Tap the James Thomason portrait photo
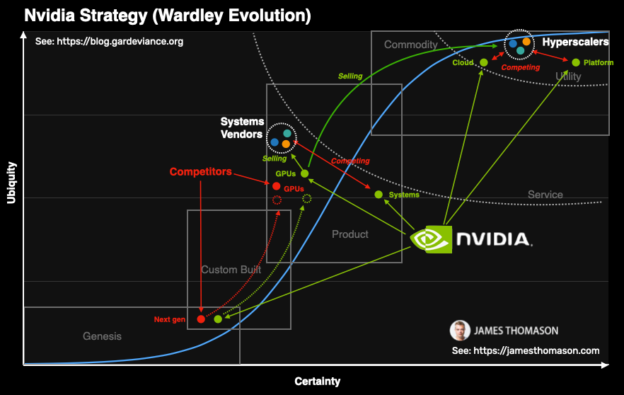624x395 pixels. pos(459,330)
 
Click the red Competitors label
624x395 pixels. pos(200,172)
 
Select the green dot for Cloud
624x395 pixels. pos(484,63)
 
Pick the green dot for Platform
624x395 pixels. pos(576,62)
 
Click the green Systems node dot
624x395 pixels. pos(379,195)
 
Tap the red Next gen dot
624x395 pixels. pos(201,319)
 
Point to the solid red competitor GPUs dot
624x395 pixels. pos(277,186)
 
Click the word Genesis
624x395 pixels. pos(102,336)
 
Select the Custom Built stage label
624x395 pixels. pos(231,270)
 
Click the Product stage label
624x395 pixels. pos(350,234)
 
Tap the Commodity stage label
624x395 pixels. pos(411,45)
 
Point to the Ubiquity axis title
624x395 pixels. pos(11,183)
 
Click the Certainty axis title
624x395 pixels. pos(318,382)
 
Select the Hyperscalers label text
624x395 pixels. pos(574,42)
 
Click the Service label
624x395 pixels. pos(545,195)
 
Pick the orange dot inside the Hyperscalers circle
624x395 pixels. pos(526,42)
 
